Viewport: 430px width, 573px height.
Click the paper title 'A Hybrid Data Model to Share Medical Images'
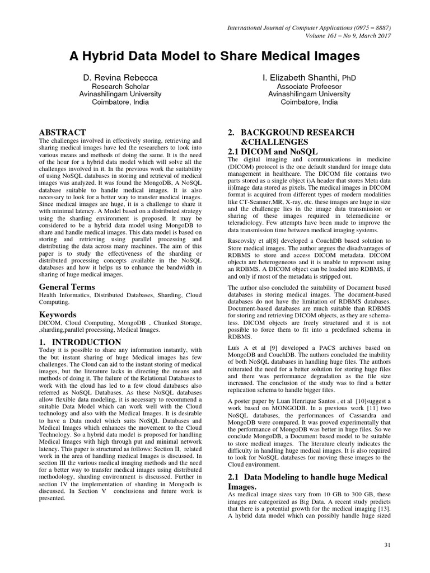point(214,56)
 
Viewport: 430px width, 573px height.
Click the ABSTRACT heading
point(62,132)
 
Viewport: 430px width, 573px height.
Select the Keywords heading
point(58,314)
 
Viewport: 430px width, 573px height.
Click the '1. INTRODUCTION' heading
point(80,342)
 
